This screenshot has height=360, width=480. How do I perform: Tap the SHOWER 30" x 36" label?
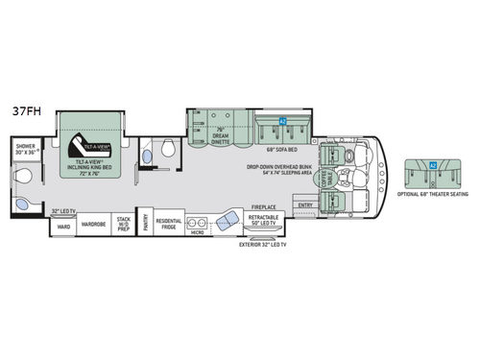coord(25,150)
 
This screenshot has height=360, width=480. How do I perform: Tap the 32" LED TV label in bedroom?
coord(62,210)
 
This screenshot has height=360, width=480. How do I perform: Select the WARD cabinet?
coord(63,228)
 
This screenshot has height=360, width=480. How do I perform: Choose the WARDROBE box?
coord(94,228)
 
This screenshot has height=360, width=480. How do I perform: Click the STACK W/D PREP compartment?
coord(124,228)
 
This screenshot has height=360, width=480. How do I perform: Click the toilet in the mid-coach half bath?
coord(166,149)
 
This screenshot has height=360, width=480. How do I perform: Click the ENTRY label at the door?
coord(305,204)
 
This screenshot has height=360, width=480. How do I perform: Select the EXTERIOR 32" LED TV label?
coord(266,244)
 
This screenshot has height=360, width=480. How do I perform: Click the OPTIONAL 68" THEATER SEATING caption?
coord(430,193)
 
